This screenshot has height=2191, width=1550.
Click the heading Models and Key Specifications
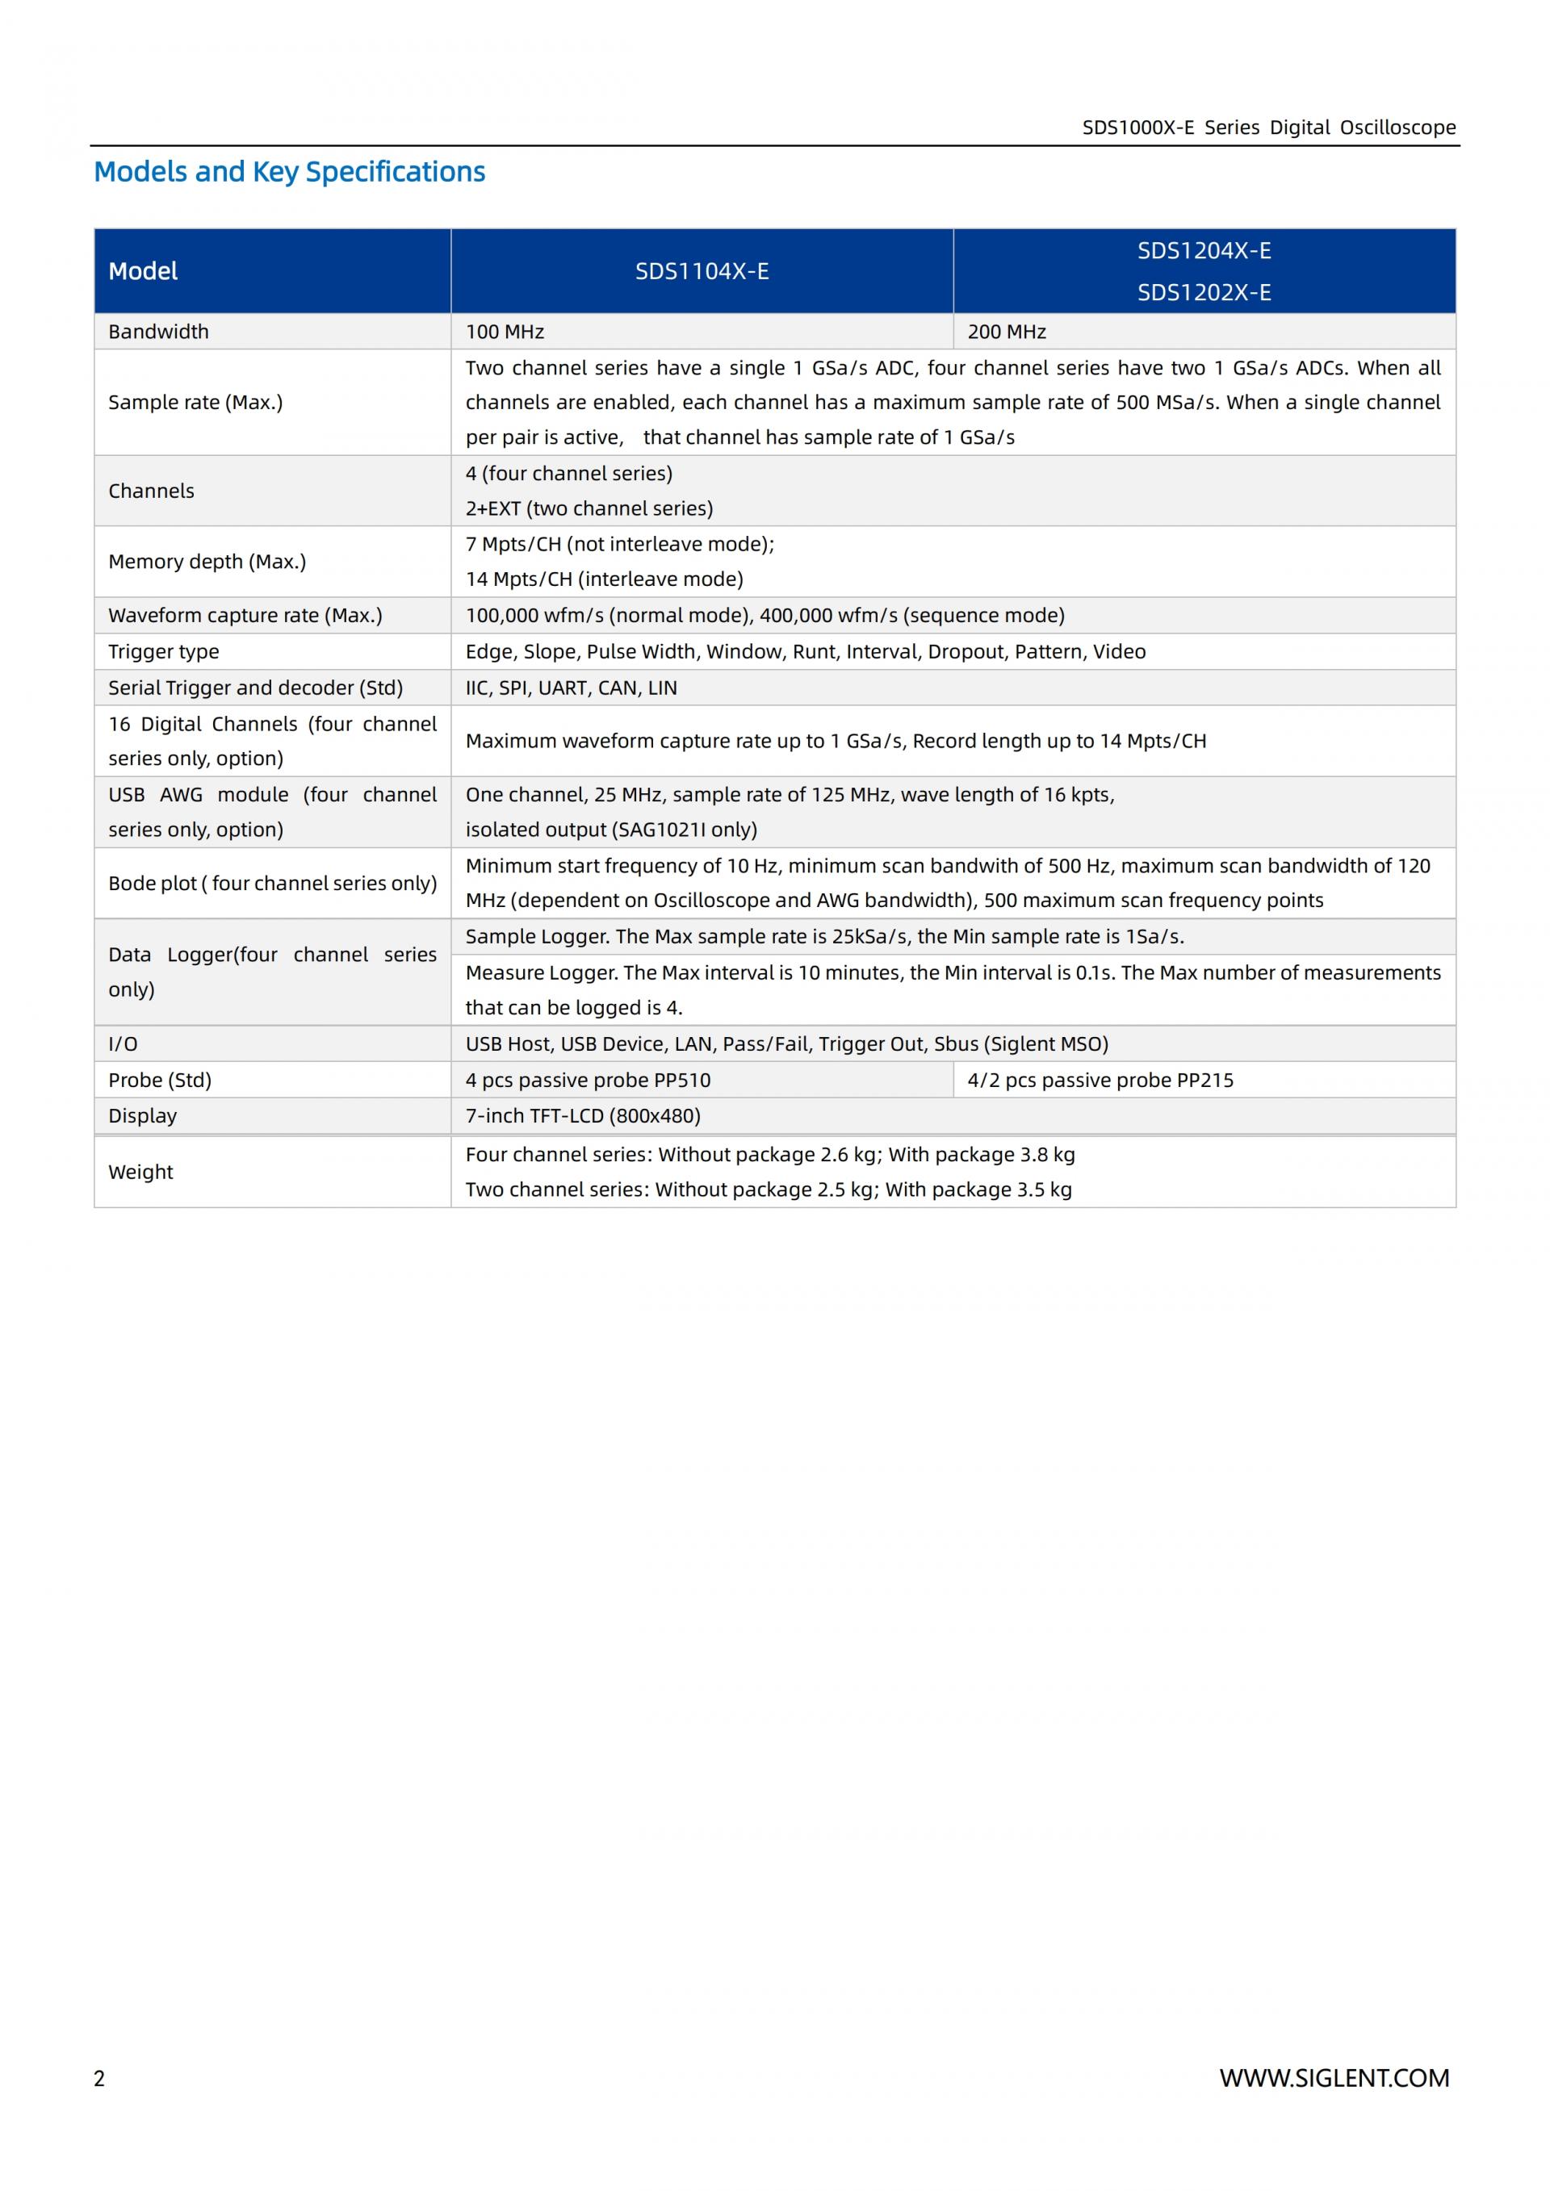click(x=289, y=172)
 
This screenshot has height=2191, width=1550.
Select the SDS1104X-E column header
click(x=702, y=271)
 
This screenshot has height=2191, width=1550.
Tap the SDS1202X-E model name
click(x=1204, y=292)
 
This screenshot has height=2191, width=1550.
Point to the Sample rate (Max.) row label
click(x=195, y=402)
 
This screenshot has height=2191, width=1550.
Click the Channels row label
click(x=151, y=491)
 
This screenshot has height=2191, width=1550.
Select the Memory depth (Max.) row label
click(x=207, y=561)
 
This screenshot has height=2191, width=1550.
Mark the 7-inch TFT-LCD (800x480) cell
click(x=582, y=1115)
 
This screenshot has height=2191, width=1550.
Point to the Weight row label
click(x=140, y=1172)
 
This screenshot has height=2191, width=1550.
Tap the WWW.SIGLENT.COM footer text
click(x=1334, y=2077)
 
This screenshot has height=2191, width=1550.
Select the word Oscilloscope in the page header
click(x=1397, y=127)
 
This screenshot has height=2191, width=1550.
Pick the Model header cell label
click(x=143, y=271)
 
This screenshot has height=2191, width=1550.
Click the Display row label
click(x=142, y=1115)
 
